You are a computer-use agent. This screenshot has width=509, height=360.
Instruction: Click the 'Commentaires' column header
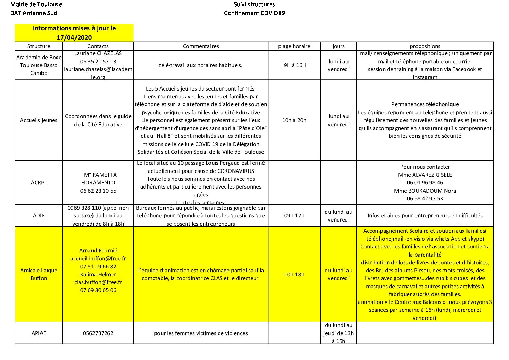coord(201,46)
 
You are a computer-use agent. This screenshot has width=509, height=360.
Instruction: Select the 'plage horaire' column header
coord(294,46)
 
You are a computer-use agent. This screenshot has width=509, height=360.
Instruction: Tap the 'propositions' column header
coord(425,46)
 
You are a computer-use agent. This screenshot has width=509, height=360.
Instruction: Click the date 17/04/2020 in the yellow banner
coord(74,37)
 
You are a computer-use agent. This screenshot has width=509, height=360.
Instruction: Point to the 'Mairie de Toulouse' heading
coord(36,5)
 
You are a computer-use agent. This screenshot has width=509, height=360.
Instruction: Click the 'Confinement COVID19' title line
coord(254,13)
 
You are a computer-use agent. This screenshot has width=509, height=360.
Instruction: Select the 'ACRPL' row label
coord(39,183)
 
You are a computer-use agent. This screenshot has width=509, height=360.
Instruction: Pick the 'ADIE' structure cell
coord(39,216)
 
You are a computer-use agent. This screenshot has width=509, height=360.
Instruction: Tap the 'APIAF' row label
coord(39,333)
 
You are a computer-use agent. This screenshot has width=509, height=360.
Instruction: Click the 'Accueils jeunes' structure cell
coord(39,120)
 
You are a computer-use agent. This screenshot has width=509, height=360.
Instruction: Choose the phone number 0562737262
coord(98,333)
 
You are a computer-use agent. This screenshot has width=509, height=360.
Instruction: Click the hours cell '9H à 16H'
coord(294,65)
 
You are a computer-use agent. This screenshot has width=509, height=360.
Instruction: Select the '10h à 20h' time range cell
coord(294,120)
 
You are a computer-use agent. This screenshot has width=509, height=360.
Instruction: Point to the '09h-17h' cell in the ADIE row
coord(294,216)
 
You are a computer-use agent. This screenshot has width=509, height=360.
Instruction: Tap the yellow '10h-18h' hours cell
coord(294,275)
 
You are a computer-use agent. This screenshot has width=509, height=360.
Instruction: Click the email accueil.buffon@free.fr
coord(98,259)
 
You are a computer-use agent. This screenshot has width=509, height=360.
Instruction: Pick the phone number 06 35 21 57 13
coord(98,62)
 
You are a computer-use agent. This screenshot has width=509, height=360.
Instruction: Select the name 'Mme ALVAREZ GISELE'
coord(425,175)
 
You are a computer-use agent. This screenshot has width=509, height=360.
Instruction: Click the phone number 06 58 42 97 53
coord(425,199)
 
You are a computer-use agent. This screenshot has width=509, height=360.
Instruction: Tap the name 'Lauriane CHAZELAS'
coord(98,53)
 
